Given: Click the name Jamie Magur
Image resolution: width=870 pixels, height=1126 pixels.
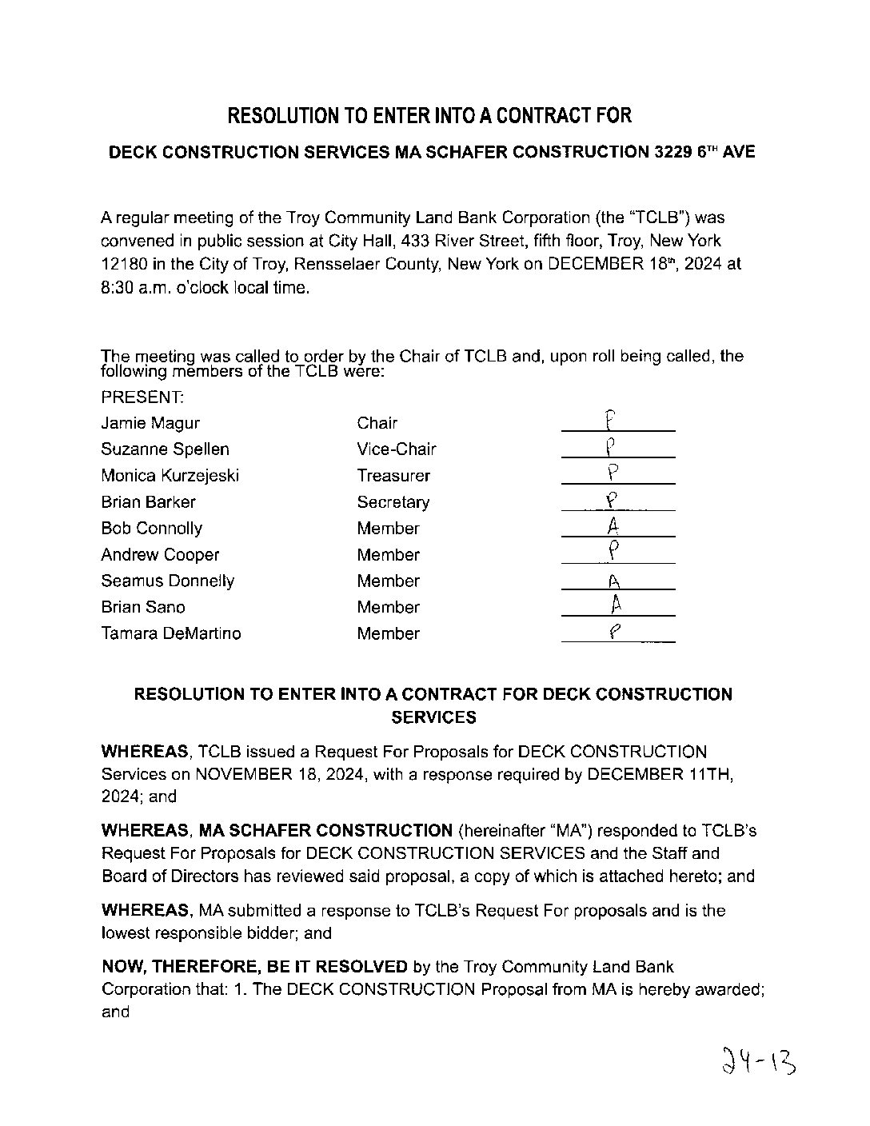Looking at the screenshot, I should pos(150,423).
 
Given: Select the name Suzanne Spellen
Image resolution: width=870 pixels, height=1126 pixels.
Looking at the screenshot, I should pos(165,449).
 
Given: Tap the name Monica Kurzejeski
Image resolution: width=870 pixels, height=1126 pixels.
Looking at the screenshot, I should pos(170,476).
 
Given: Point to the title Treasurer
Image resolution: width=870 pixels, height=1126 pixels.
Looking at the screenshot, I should pos(393,476).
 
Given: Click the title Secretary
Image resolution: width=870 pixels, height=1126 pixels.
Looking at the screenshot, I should pos(393,502).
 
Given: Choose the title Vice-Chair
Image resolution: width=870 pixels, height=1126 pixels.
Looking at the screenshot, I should pos(397,449).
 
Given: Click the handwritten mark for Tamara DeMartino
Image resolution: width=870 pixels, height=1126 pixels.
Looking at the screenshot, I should pos(614,631).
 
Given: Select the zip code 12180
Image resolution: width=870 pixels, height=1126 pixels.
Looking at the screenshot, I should pos(122,264).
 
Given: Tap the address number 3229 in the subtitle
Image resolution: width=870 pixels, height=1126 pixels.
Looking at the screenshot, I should pos(669,152).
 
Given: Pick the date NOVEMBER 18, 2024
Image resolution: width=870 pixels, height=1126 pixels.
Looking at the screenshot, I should pos(281,774).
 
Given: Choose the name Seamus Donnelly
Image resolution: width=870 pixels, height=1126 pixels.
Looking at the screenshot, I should pos(167,581).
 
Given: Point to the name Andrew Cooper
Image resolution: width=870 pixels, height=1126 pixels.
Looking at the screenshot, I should pos(160,555).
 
